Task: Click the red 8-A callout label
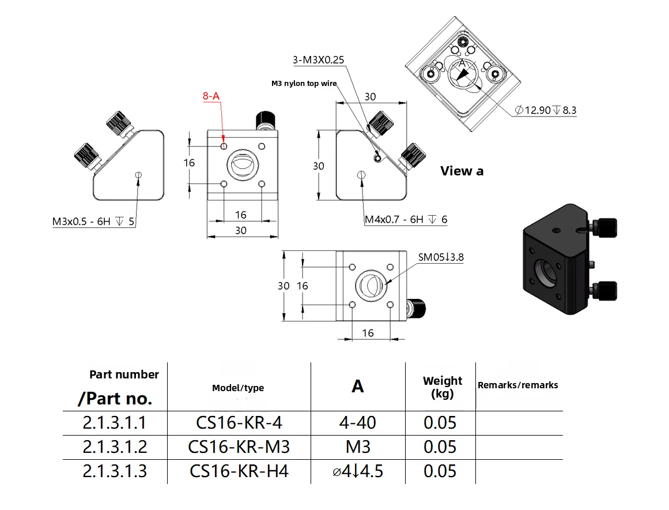tap(211, 97)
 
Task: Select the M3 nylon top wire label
tap(304, 84)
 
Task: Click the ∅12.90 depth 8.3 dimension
tap(546, 110)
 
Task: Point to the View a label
tap(462, 171)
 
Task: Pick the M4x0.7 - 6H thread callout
tap(406, 219)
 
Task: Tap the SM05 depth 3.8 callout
tap(441, 257)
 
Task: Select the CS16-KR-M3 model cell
tap(239, 447)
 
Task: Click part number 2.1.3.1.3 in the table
tap(115, 471)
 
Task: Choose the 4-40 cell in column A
tap(358, 423)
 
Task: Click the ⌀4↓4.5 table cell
tap(358, 471)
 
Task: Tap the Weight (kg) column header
tap(442, 387)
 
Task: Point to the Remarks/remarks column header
tap(517, 385)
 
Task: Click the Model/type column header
tap(238, 388)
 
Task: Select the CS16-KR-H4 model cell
tap(239, 471)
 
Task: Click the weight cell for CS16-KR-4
tap(440, 423)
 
